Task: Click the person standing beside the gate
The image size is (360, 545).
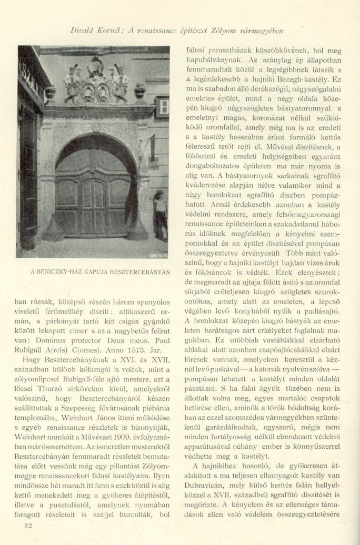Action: (159, 213)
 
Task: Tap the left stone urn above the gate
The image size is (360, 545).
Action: (51, 93)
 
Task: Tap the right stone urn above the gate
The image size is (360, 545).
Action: (139, 90)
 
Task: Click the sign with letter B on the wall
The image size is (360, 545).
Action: (163, 107)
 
